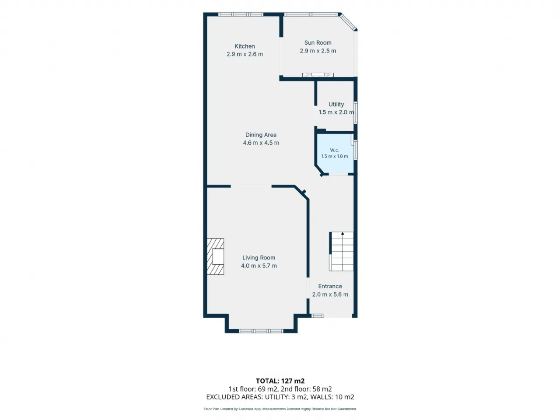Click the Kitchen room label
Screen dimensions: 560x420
pyautogui.click(x=245, y=46)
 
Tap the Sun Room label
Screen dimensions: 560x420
pyautogui.click(x=318, y=42)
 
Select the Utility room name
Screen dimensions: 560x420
pyautogui.click(x=336, y=104)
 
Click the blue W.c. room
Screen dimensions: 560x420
pyautogui.click(x=335, y=154)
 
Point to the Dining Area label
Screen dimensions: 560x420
pyautogui.click(x=261, y=135)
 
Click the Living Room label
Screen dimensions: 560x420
pyautogui.click(x=259, y=258)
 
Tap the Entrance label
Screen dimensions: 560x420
pyautogui.click(x=330, y=286)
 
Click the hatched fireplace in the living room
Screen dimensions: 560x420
pyautogui.click(x=215, y=256)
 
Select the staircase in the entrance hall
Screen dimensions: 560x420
pyautogui.click(x=341, y=252)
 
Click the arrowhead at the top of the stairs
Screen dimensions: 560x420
pyautogui.click(x=343, y=233)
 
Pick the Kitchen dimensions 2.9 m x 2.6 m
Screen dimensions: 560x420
pyautogui.click(x=245, y=54)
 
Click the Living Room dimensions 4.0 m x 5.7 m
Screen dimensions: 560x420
pyautogui.click(x=259, y=266)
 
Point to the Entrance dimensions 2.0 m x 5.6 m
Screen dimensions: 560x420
pyautogui.click(x=330, y=294)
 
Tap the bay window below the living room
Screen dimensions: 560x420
pyautogui.click(x=261, y=331)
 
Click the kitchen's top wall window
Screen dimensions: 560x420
pyautogui.click(x=241, y=14)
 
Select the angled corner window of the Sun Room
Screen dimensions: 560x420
pyautogui.click(x=348, y=22)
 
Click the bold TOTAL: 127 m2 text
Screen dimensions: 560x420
pyautogui.click(x=280, y=381)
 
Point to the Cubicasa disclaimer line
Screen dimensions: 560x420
pyautogui.click(x=280, y=409)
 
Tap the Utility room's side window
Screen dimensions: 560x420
pyautogui.click(x=355, y=112)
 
